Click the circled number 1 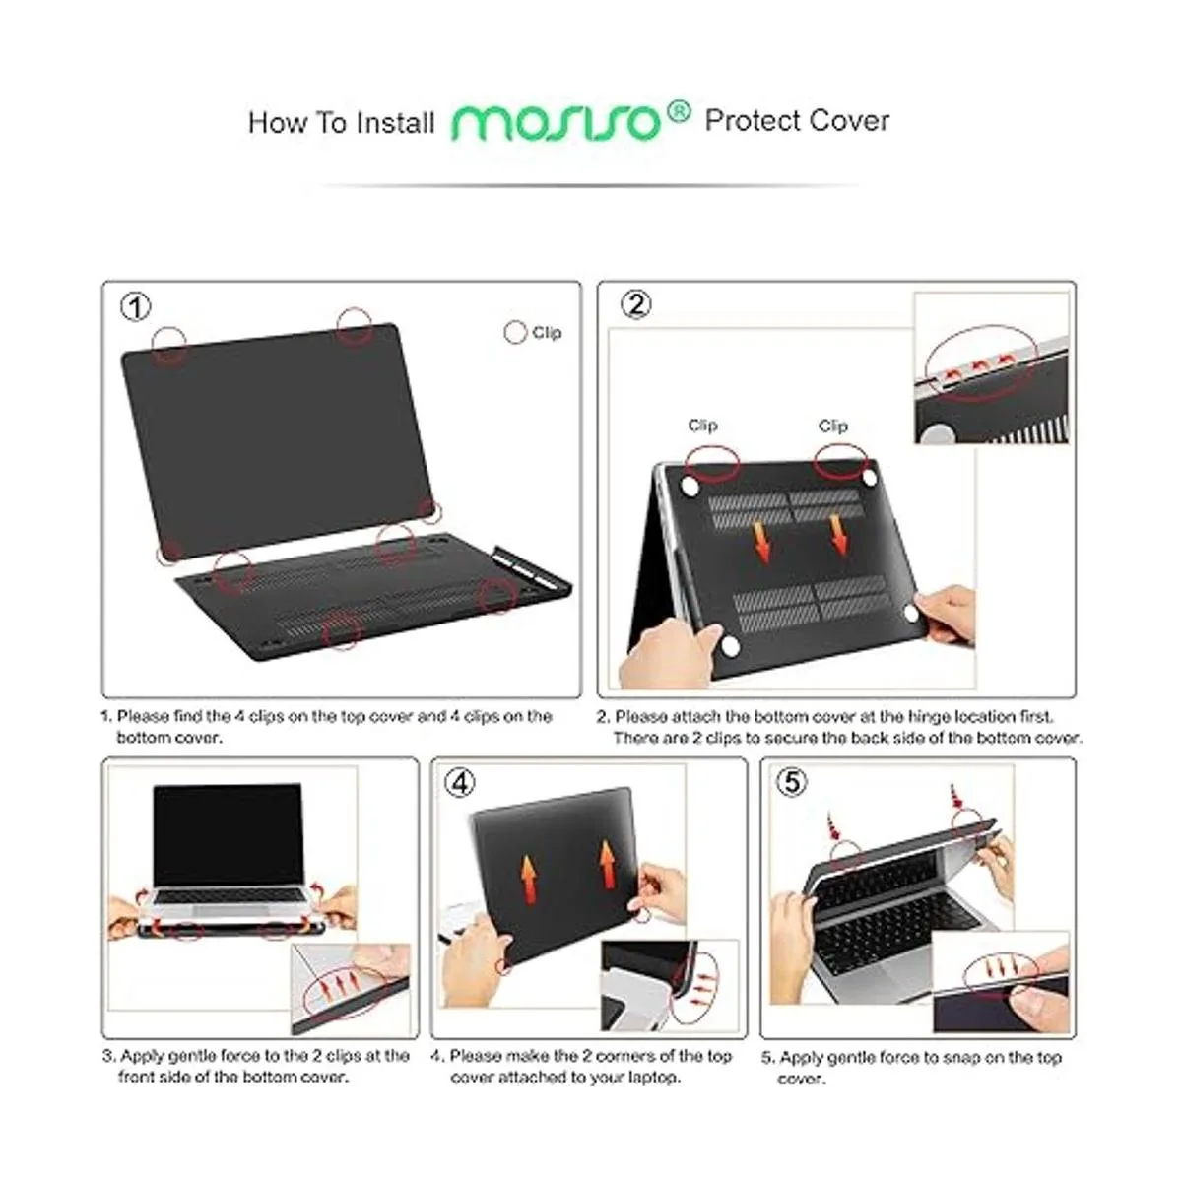(x=136, y=306)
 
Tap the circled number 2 (x=636, y=304)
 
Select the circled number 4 (x=460, y=783)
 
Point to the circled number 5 (x=792, y=782)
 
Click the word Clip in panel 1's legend (x=547, y=333)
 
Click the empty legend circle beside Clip (x=515, y=333)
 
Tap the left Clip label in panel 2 (x=703, y=426)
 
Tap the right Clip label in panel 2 (x=833, y=426)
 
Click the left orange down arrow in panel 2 (x=761, y=542)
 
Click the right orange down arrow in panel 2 (x=838, y=535)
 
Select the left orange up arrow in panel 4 (x=529, y=877)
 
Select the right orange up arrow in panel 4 (x=608, y=864)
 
